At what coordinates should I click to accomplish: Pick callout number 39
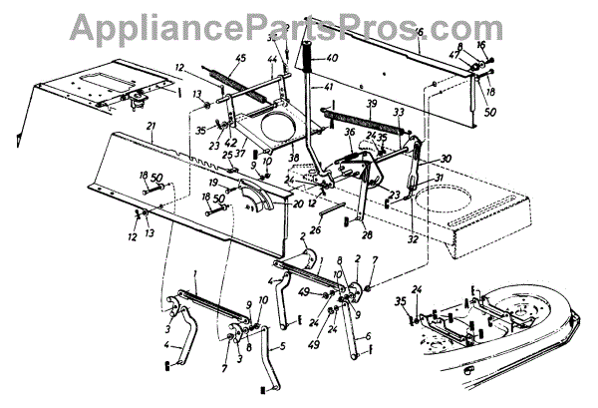[x=371, y=104]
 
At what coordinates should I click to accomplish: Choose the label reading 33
[x=398, y=112]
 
